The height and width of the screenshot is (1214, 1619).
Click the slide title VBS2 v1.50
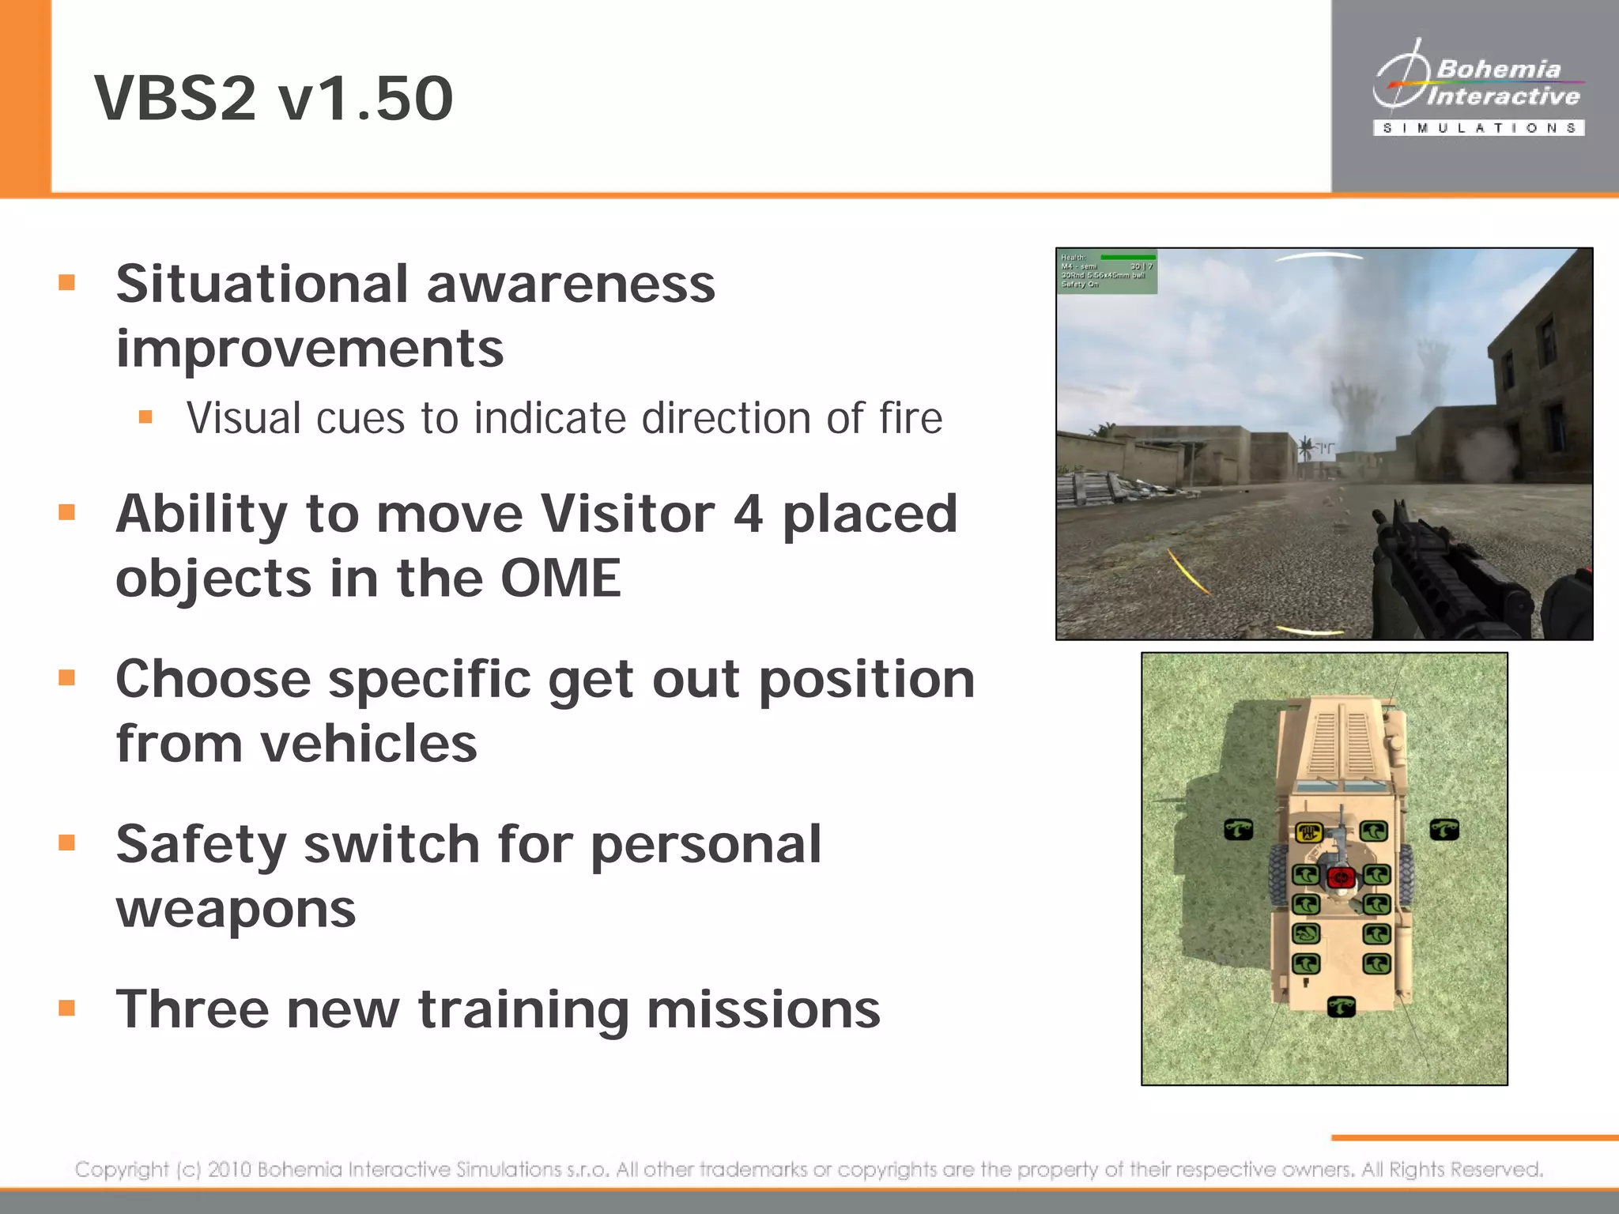pos(274,98)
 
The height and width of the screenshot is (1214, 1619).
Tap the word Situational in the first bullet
pos(262,285)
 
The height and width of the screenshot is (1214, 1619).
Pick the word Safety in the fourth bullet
pos(201,845)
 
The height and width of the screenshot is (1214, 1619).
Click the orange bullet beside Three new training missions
pos(67,1008)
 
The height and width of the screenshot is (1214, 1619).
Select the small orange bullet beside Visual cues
pos(145,417)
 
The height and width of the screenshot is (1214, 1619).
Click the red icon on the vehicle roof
pos(1341,876)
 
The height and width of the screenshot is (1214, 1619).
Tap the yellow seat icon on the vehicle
pos(1308,831)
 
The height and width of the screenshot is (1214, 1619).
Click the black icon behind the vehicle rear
pos(1341,1006)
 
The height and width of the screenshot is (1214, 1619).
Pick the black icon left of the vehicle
pos(1238,829)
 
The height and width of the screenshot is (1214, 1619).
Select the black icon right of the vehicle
pos(1444,829)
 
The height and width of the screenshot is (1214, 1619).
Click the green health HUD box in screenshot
pos(1107,271)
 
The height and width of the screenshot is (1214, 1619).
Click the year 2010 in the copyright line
pos(230,1169)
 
